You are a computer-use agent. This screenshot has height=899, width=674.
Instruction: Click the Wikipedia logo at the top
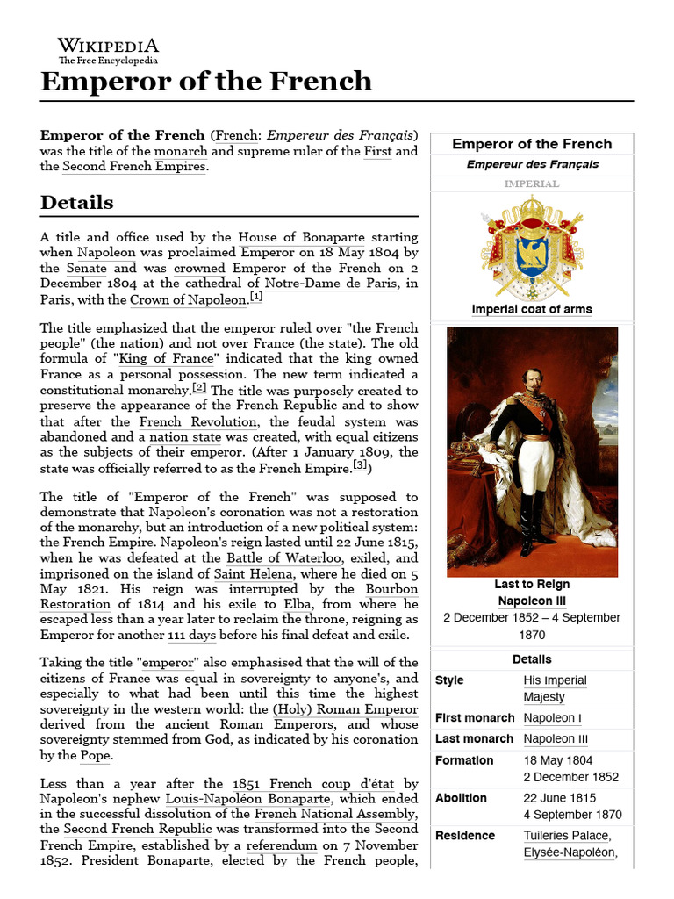(x=108, y=50)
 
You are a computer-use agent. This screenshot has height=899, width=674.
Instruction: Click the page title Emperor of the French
(x=206, y=82)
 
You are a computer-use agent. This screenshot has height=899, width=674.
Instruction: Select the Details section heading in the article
(x=77, y=203)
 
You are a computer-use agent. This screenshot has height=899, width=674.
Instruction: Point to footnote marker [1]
(x=255, y=298)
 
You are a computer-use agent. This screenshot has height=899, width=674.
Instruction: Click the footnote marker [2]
(x=199, y=388)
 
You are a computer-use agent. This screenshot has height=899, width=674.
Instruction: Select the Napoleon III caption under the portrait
(x=532, y=601)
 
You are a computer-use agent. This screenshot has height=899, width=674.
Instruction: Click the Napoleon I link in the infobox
(x=552, y=718)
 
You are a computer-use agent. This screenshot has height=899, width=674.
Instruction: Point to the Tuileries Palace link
(x=566, y=835)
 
